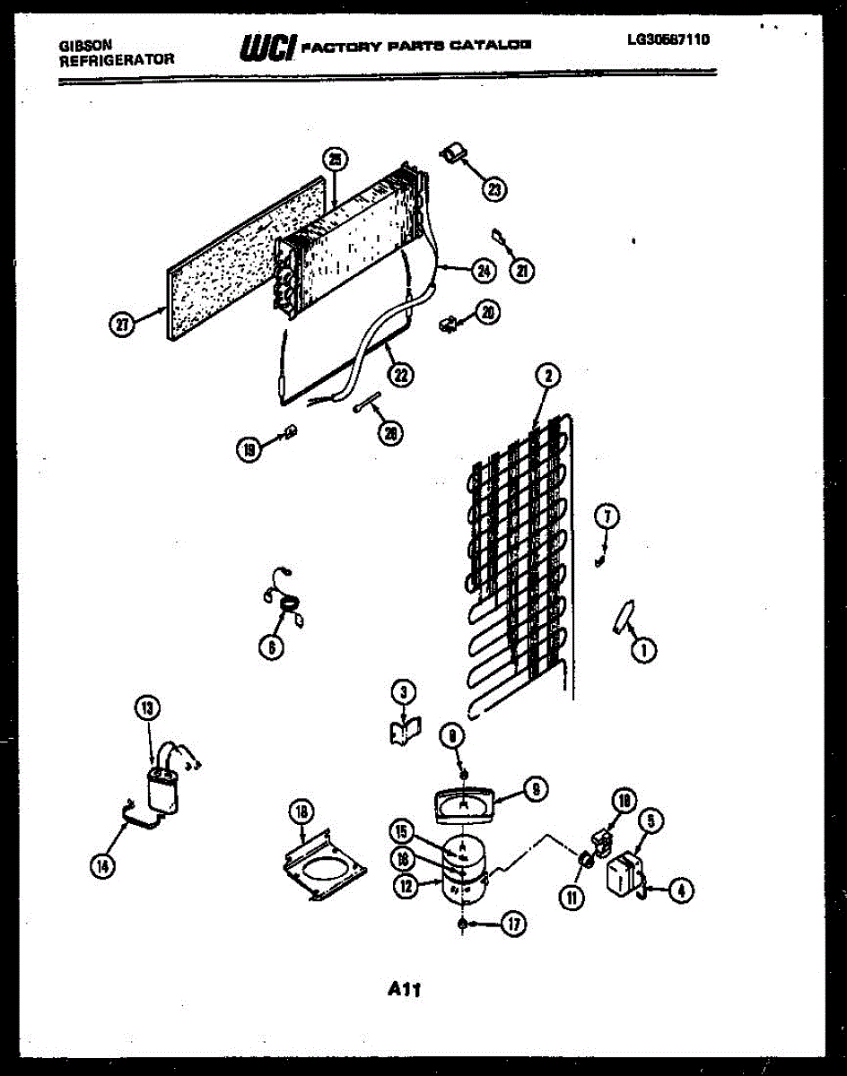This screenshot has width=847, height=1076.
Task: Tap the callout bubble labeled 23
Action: click(494, 188)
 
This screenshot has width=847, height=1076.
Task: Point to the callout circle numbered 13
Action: click(147, 708)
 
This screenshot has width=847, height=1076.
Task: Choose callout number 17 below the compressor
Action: click(512, 924)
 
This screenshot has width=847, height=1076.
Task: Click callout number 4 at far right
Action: click(680, 890)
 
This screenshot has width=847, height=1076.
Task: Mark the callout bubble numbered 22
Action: click(401, 376)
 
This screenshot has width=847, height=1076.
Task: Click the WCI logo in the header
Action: click(266, 48)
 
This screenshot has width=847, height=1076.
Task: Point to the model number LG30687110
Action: click(668, 39)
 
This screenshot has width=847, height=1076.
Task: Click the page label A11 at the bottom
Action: click(405, 990)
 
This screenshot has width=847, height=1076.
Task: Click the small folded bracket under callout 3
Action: click(401, 731)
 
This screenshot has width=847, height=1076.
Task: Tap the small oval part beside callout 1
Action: click(622, 618)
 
